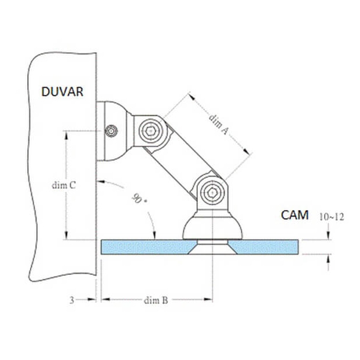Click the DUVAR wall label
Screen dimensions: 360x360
[x=63, y=91]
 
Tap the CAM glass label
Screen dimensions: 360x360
[x=295, y=215]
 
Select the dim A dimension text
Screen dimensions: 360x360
[x=219, y=124]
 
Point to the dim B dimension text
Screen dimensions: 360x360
[x=156, y=300]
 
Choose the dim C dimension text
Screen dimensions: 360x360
[x=64, y=185]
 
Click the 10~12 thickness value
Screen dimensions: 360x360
[x=332, y=216]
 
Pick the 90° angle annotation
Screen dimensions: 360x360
[x=139, y=199]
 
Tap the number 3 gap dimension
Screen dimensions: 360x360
[x=72, y=300]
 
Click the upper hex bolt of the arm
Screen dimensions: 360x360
[x=151, y=131]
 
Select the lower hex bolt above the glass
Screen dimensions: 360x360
[x=212, y=193]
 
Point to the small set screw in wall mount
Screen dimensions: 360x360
[x=111, y=131]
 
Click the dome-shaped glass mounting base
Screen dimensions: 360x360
[x=212, y=227]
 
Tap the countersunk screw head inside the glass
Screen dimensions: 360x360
[x=213, y=247]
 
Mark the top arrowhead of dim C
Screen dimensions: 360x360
[x=66, y=135]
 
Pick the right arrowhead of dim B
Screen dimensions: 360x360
[x=208, y=299]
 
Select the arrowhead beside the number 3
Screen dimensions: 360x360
[x=91, y=299]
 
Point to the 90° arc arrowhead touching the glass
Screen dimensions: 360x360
[x=155, y=236]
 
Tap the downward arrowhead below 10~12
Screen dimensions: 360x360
[x=329, y=235]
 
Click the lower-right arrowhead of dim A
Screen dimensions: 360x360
[x=246, y=151]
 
